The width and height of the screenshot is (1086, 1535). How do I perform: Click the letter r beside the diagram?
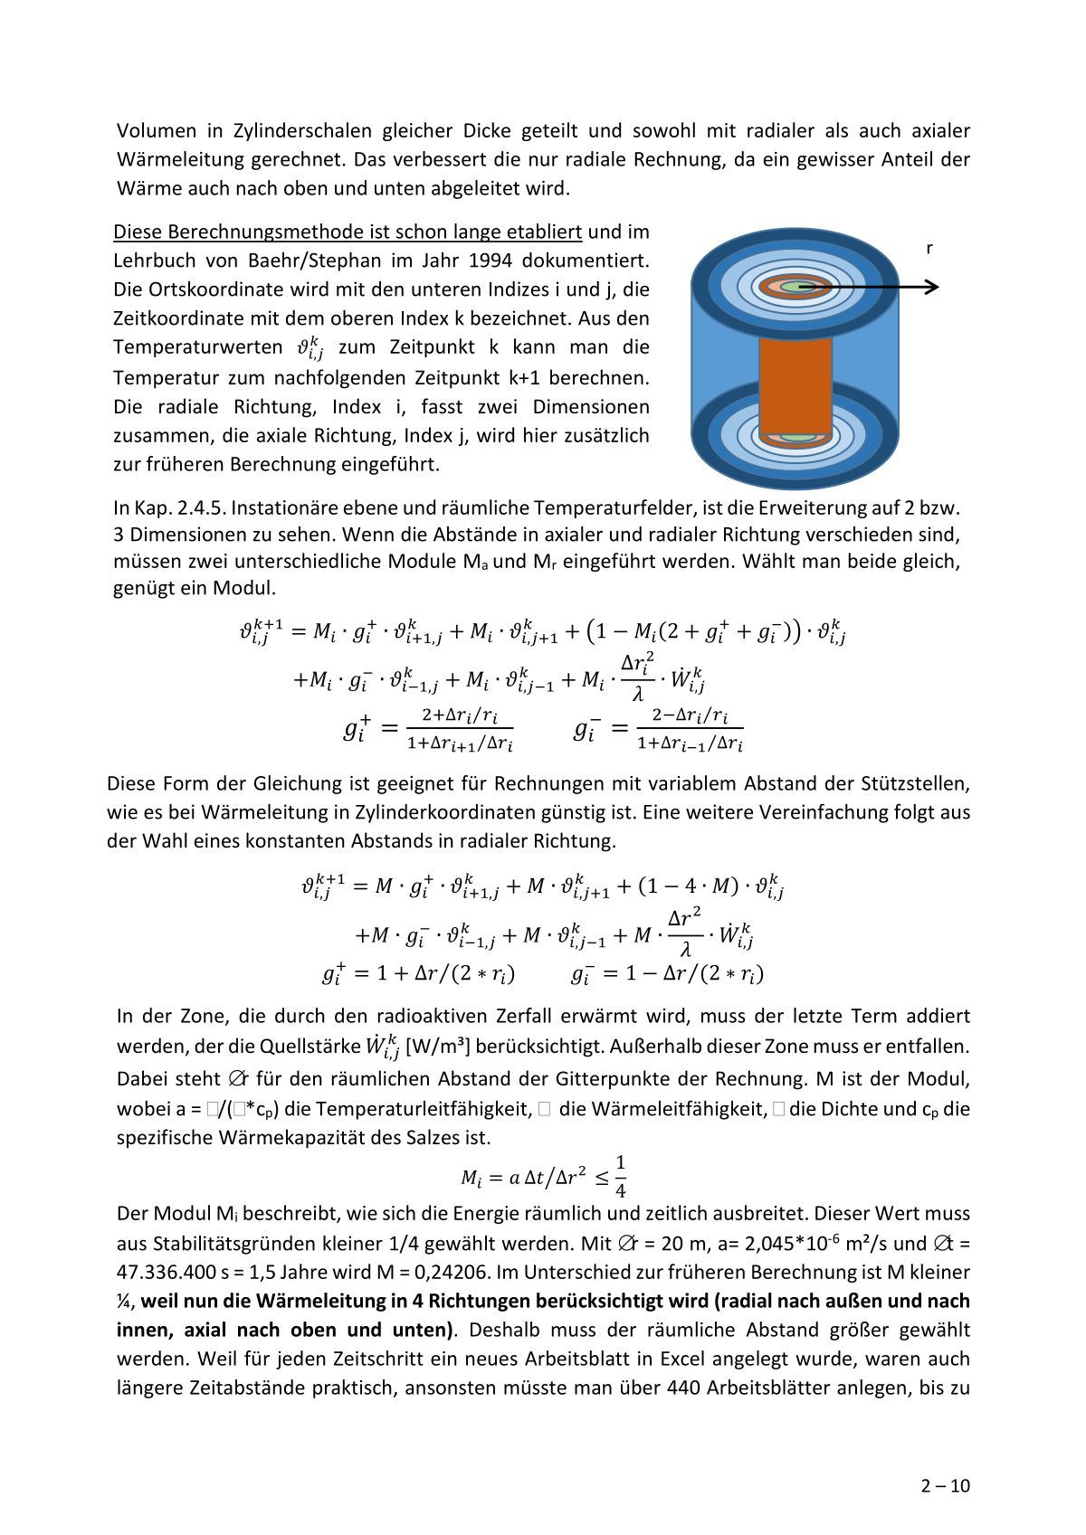pos(929,248)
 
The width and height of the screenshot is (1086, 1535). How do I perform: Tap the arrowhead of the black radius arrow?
pos(932,288)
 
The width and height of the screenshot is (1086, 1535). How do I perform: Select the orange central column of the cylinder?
pos(795,384)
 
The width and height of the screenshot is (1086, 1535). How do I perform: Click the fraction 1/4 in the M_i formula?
pos(621,1177)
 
